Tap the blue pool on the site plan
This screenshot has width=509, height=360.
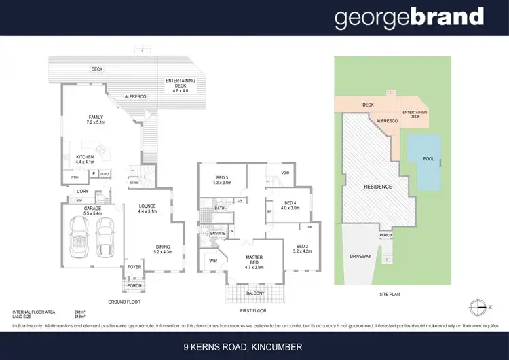pyautogui.click(x=425, y=162)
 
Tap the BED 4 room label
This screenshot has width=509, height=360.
pyautogui.click(x=291, y=206)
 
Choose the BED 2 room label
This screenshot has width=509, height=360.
pyautogui.click(x=302, y=249)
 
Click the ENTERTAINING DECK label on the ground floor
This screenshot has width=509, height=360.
pyautogui.click(x=181, y=85)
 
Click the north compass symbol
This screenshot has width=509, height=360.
pyautogui.click(x=480, y=305)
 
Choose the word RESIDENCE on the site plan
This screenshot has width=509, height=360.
pyautogui.click(x=378, y=185)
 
